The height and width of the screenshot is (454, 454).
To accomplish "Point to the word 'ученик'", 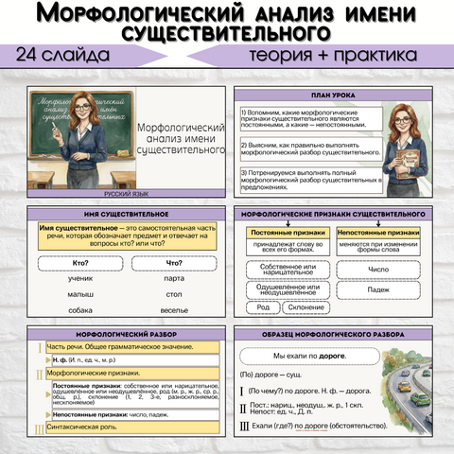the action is (81, 278).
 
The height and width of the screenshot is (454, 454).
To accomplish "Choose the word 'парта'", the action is (174, 278).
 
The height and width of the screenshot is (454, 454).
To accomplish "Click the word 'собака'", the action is (80, 309).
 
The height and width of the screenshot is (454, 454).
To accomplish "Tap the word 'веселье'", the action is (174, 309).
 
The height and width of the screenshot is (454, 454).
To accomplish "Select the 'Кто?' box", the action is (81, 262).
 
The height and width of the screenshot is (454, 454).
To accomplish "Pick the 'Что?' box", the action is (174, 262).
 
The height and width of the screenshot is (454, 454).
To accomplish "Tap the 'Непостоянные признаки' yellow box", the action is (378, 232).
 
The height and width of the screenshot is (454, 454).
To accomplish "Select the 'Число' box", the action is (378, 270).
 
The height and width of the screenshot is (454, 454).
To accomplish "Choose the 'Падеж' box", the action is (378, 289).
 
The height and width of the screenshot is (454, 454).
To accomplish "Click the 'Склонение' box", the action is (304, 307).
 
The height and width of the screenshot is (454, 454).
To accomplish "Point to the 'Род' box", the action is (263, 307).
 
